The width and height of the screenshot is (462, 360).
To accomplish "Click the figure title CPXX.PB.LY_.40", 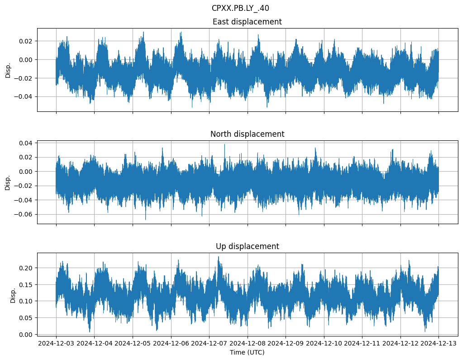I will (x=240, y=8).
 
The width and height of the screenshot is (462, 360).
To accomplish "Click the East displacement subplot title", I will (x=247, y=22).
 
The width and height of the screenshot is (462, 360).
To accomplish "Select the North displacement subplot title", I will (x=247, y=134).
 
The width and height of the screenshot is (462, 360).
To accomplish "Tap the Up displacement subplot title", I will (x=247, y=246).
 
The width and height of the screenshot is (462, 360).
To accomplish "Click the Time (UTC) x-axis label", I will (x=247, y=352).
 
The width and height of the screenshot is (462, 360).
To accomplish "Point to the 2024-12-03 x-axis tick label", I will (x=56, y=343).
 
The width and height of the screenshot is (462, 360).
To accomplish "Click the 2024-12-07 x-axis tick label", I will (x=209, y=343).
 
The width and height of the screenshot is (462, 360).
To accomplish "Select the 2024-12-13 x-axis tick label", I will (x=438, y=343).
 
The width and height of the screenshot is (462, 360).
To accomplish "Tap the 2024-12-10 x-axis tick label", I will (x=324, y=343).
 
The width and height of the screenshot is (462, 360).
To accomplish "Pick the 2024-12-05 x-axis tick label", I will (x=133, y=343).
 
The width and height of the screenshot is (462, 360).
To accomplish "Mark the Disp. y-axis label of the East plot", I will (x=8, y=70).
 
